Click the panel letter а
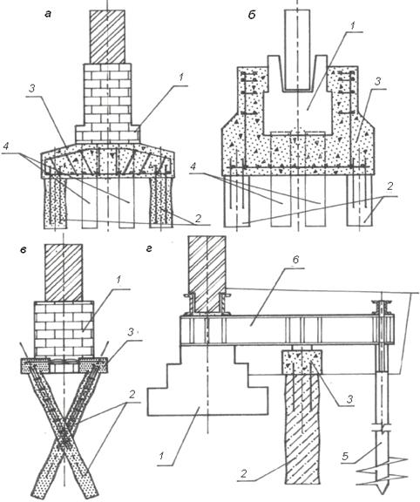tap(48, 14)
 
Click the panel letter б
tap(252, 15)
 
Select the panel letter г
tap(148, 248)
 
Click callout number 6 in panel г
tap(295, 260)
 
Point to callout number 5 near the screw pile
tap(344, 456)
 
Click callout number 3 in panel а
tap(31, 89)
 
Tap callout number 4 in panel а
tap(6, 147)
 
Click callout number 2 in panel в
tap(132, 395)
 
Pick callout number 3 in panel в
tap(131, 332)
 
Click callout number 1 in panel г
tap(162, 456)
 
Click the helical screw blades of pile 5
tap(382, 470)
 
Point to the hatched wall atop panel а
tap(107, 37)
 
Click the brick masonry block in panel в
tap(64, 329)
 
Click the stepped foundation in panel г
tap(207, 381)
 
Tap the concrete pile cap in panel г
tap(301, 362)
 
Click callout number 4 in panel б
tap(193, 166)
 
